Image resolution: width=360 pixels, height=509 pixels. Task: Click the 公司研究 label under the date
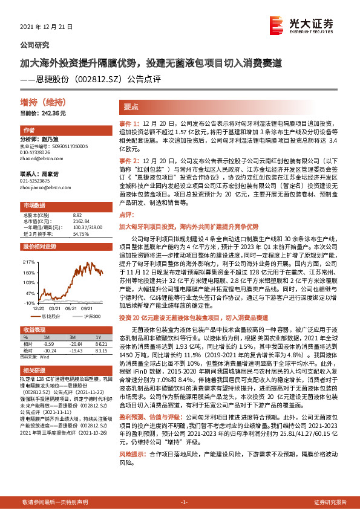coord(35,45)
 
